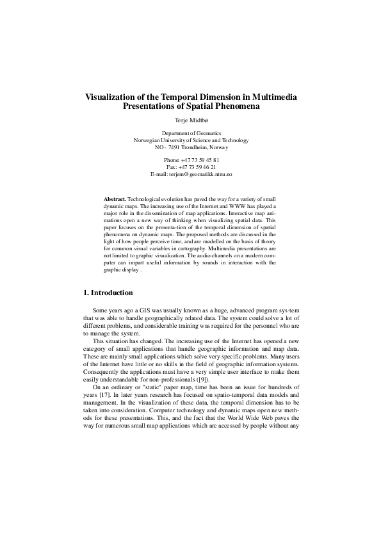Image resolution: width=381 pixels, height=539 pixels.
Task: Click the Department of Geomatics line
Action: pos(190,133)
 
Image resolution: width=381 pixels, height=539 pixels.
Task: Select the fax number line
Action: pos(190,166)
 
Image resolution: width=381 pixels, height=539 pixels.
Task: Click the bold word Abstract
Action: pos(115,200)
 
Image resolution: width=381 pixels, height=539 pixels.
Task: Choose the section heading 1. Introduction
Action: pos(108,293)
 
